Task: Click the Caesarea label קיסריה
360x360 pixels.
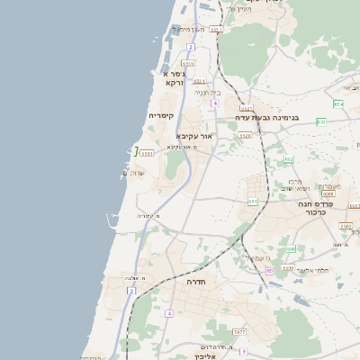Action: pyautogui.click(x=161, y=116)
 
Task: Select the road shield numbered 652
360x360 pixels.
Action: pyautogui.click(x=289, y=158)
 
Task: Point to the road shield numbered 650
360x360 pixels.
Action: pyautogui.click(x=291, y=248)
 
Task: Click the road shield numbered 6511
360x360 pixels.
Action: pyautogui.click(x=148, y=153)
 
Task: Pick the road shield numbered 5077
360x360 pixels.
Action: pyautogui.click(x=238, y=332)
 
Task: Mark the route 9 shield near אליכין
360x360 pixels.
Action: pyautogui.click(x=243, y=351)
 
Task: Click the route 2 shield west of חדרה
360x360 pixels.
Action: pyautogui.click(x=132, y=292)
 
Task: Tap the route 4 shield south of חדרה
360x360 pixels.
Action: pyautogui.click(x=168, y=313)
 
